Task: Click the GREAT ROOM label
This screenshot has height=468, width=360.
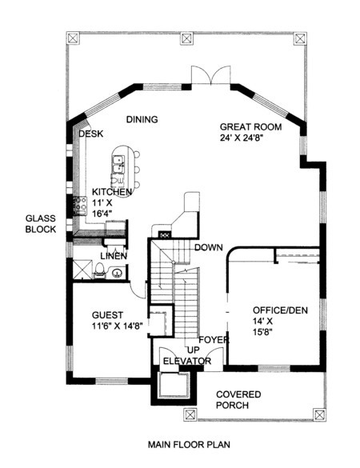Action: (250, 127)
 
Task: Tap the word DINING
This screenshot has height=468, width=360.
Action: (142, 119)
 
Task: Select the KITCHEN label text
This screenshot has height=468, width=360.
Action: (112, 192)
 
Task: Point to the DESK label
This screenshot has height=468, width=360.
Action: (91, 134)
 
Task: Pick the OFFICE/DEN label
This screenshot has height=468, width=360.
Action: (280, 310)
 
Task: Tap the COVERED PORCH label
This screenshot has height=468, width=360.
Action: (238, 400)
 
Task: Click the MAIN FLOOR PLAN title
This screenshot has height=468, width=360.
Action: (189, 445)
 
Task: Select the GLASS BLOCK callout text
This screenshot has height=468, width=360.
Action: (41, 224)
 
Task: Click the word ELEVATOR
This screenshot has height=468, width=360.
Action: (187, 361)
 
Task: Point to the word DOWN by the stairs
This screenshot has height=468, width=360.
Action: (209, 247)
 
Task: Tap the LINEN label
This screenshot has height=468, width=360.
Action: (114, 256)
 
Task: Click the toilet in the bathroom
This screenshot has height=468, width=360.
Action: (99, 271)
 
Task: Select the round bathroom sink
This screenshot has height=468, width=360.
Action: (117, 273)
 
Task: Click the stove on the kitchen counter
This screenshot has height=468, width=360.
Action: (80, 206)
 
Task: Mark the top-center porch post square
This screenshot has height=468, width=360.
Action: (186, 38)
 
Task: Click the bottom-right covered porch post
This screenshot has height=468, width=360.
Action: (319, 414)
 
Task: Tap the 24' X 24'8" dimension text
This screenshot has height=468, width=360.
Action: (241, 138)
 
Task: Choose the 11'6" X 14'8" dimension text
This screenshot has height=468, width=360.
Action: (117, 326)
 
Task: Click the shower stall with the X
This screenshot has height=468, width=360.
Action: (82, 270)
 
